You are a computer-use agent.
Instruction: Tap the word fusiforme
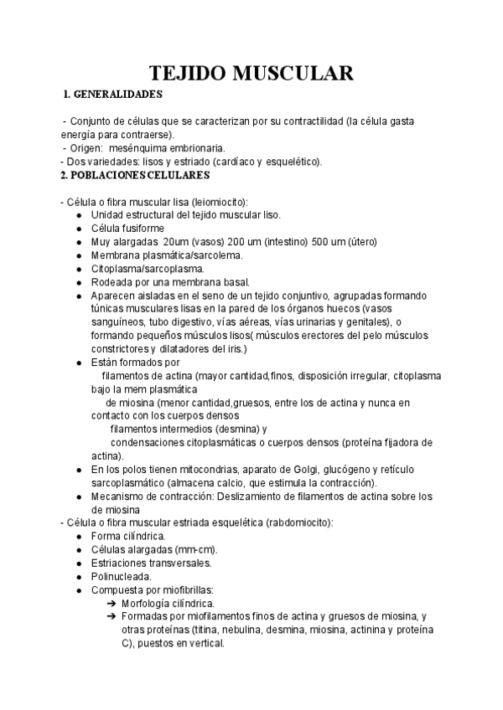(142, 229)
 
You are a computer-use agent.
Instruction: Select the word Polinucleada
(121, 577)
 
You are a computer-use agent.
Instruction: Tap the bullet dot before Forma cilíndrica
(78, 537)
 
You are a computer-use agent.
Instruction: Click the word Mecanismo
(117, 496)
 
